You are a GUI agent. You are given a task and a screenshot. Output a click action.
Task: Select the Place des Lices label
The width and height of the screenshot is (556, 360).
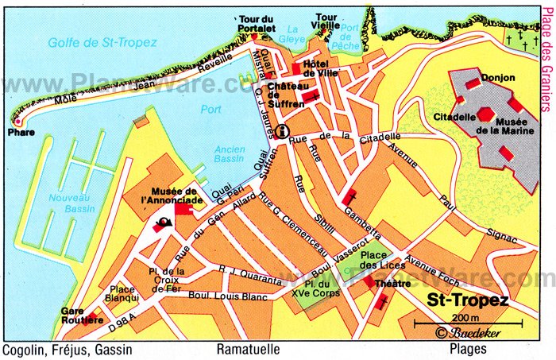click(376, 257)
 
